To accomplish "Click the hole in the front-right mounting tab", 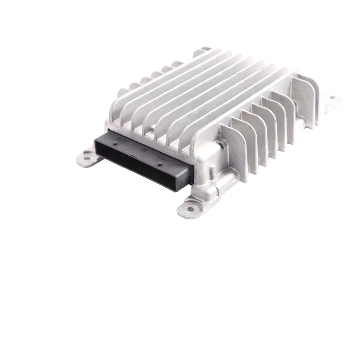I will tap(190, 209).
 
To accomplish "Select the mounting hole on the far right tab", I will tap(332, 98).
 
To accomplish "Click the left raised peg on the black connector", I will tap(115, 143).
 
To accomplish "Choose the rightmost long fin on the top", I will tap(240, 107).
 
